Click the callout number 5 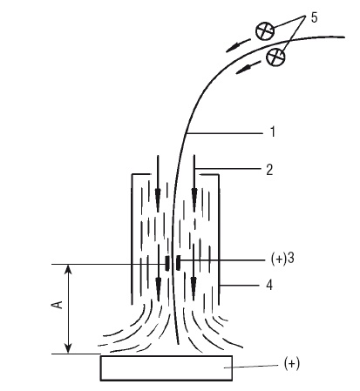(x=314, y=17)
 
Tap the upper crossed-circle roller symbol (x=265, y=30)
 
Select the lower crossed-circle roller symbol (x=275, y=57)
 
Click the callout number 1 (x=273, y=132)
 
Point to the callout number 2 (x=269, y=170)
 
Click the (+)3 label (x=282, y=258)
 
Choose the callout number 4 (x=269, y=286)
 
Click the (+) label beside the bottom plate (x=291, y=363)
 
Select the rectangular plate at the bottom (x=166, y=368)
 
